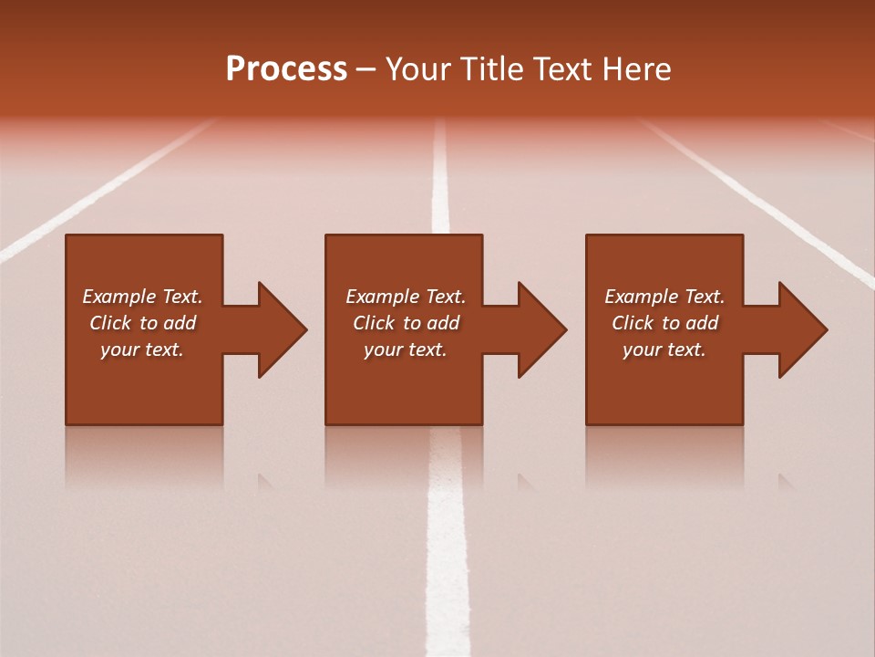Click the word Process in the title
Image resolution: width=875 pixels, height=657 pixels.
286,69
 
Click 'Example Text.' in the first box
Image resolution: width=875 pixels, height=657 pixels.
142,297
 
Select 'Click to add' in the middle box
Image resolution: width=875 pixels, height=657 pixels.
406,323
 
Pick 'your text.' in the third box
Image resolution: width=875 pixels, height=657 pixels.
664,349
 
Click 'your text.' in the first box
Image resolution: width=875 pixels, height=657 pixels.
142,349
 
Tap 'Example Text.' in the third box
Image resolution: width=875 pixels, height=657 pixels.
664,297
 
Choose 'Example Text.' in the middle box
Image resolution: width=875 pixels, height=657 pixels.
406,297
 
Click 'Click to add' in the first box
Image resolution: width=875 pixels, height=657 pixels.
142,323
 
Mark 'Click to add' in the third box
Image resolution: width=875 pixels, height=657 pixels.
664,323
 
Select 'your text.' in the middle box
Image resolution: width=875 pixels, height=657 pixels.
406,349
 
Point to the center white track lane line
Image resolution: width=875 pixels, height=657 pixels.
447,547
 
